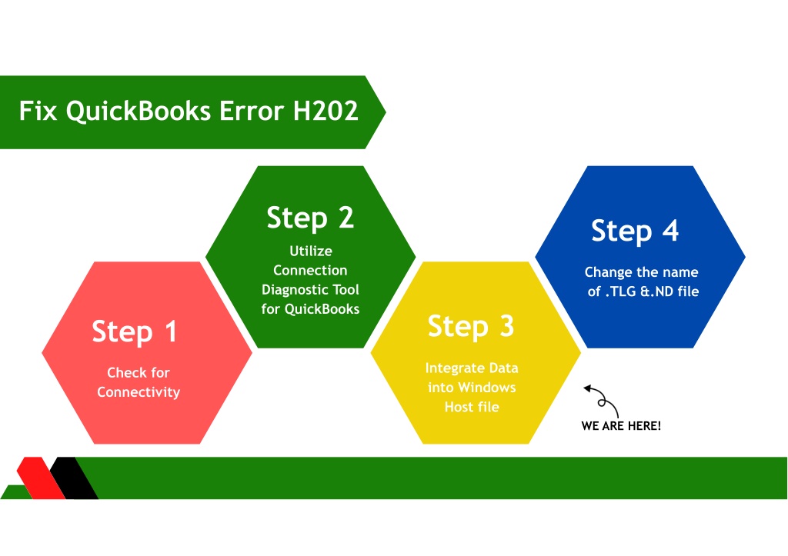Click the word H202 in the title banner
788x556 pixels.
[x=326, y=111]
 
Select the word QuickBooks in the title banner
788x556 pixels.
[x=139, y=112]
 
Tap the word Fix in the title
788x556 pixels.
[x=38, y=111]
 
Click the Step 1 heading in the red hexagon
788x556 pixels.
[x=134, y=331]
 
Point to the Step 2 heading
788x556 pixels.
[x=310, y=218]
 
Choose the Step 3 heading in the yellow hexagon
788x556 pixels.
[x=471, y=327]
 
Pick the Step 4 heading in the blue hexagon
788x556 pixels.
[x=635, y=231]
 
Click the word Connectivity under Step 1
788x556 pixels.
[x=139, y=391]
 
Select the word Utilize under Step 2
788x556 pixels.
[x=311, y=251]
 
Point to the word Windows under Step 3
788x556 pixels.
[x=486, y=388]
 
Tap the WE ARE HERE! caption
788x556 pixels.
[x=621, y=426]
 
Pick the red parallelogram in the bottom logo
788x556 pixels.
[x=41, y=478]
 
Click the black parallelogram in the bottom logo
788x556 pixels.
[x=74, y=478]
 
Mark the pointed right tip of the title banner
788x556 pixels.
[x=386, y=112]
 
